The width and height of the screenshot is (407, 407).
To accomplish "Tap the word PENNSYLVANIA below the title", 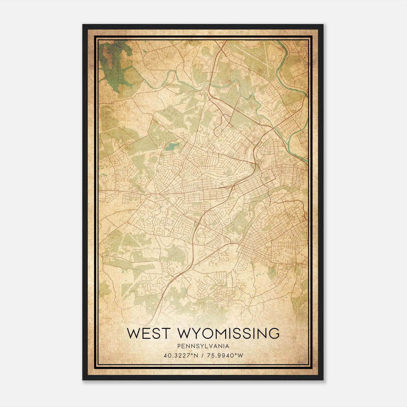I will (x=203, y=346).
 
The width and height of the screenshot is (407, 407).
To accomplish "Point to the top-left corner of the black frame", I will (x=83, y=25).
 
